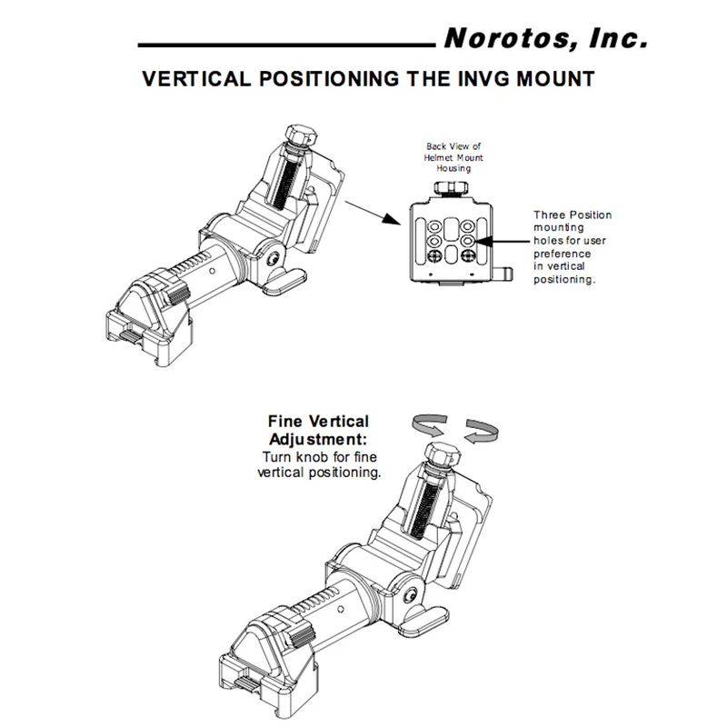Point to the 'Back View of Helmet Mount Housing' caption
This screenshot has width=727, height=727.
click(x=449, y=156)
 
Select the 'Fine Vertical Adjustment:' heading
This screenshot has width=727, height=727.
click(x=318, y=429)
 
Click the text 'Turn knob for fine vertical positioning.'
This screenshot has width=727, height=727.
click(x=320, y=465)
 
